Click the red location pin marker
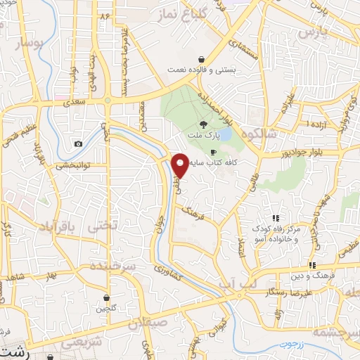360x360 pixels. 181,165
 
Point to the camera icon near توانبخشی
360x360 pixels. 77,144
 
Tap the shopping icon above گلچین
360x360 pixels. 106,298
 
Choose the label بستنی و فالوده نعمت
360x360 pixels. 202,70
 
